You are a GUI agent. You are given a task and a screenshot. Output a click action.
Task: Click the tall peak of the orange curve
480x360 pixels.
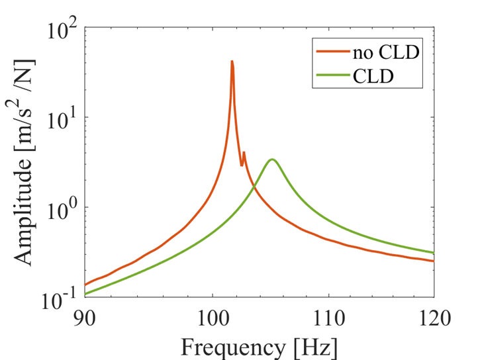(x=232, y=62)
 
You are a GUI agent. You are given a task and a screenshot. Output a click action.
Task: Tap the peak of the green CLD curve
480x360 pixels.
(x=271, y=159)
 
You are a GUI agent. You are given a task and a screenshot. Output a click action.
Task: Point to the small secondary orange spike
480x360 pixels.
(x=244, y=153)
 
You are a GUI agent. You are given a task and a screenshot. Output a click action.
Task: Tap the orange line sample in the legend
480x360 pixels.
(x=330, y=52)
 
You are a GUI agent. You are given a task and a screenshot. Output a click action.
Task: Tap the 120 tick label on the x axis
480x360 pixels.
(x=434, y=318)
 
